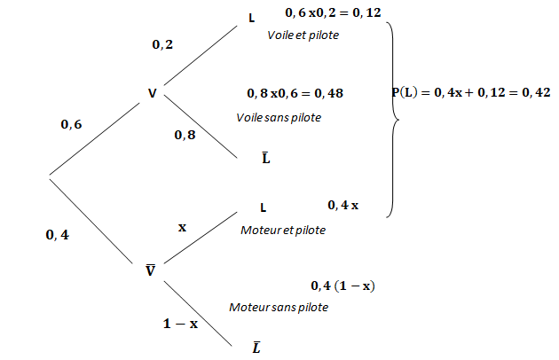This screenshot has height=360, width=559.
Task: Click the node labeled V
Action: tap(153, 91)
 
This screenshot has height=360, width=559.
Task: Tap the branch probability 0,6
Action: tap(71, 125)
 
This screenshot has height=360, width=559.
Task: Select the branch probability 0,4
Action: tap(58, 235)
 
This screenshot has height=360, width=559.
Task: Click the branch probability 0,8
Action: tap(185, 135)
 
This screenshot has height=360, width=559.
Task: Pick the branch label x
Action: tap(183, 227)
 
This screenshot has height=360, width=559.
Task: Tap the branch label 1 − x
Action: tap(180, 324)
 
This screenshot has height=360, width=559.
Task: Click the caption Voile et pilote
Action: tap(303, 35)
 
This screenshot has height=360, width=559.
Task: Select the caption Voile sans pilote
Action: tap(279, 117)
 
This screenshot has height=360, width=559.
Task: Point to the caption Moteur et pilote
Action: tap(283, 230)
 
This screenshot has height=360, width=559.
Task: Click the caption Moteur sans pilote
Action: tap(279, 307)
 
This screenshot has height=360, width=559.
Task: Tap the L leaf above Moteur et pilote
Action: tap(264, 207)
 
